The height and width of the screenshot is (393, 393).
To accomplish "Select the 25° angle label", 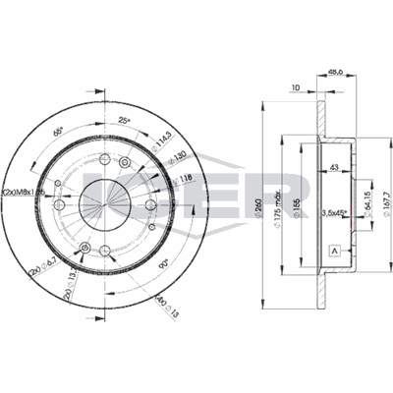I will pyautogui.click(x=122, y=121).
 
